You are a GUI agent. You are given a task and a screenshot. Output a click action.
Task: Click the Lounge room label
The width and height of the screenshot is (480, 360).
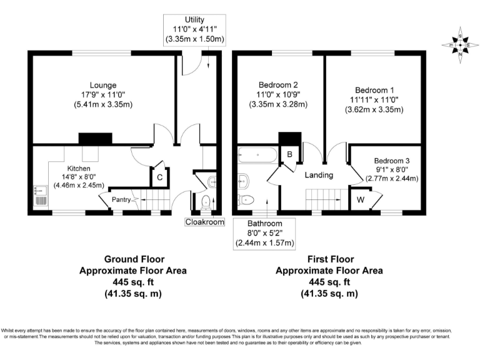click(x=102, y=85)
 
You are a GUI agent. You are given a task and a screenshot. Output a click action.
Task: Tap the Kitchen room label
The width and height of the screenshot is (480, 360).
click(x=79, y=169)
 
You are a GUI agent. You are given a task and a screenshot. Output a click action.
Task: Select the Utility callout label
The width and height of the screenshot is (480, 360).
click(x=194, y=21)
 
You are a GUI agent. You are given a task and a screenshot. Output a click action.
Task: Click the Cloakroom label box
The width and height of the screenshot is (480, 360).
click(x=204, y=221)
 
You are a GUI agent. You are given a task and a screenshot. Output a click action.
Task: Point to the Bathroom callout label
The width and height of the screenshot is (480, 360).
click(x=264, y=223)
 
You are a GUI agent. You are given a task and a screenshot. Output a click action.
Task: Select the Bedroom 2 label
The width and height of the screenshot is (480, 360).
click(x=278, y=84)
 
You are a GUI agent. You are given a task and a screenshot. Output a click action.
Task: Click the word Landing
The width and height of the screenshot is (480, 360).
click(x=319, y=175)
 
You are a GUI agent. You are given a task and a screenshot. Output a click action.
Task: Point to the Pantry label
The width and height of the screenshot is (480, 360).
click(x=121, y=200)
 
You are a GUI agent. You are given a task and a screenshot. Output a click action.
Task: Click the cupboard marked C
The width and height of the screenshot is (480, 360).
click(x=160, y=177)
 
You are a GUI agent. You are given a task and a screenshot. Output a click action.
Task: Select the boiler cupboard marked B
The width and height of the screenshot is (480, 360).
click(x=290, y=154)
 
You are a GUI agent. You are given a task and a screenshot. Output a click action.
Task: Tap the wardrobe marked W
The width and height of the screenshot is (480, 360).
click(x=361, y=201)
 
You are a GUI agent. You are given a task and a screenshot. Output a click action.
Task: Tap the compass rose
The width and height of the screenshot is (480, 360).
click(x=459, y=44)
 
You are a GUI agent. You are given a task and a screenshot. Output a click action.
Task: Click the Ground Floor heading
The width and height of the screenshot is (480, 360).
click(x=132, y=259)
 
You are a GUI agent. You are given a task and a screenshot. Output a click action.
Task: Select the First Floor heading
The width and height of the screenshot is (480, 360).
click(x=329, y=259)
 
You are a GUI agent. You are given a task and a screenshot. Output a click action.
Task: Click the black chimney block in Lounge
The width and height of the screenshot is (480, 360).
click(x=91, y=139)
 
